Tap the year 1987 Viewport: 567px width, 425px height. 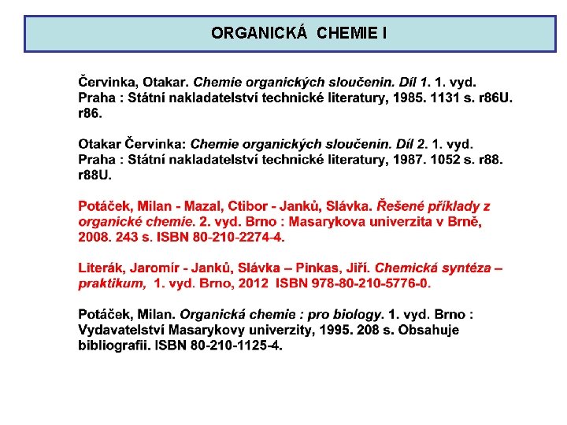406,159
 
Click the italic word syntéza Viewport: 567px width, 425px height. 465,268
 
